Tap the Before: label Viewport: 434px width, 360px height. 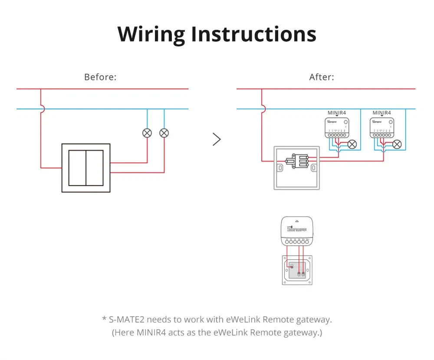pyautogui.click(x=100, y=77)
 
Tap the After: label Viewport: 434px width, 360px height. pyautogui.click(x=322, y=77)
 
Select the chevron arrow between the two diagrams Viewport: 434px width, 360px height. pyautogui.click(x=217, y=139)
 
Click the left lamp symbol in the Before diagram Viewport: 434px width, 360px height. pyautogui.click(x=147, y=133)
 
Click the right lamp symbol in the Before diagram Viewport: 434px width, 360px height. pyautogui.click(x=164, y=133)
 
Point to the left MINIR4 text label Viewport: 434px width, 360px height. pyautogui.click(x=337, y=113)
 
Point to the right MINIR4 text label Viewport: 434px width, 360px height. pyautogui.click(x=381, y=113)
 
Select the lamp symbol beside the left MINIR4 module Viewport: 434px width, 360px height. pyautogui.click(x=352, y=144)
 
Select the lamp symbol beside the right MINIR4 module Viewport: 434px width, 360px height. pyautogui.click(x=397, y=144)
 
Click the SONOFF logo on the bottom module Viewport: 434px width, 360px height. pyautogui.click(x=297, y=228)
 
